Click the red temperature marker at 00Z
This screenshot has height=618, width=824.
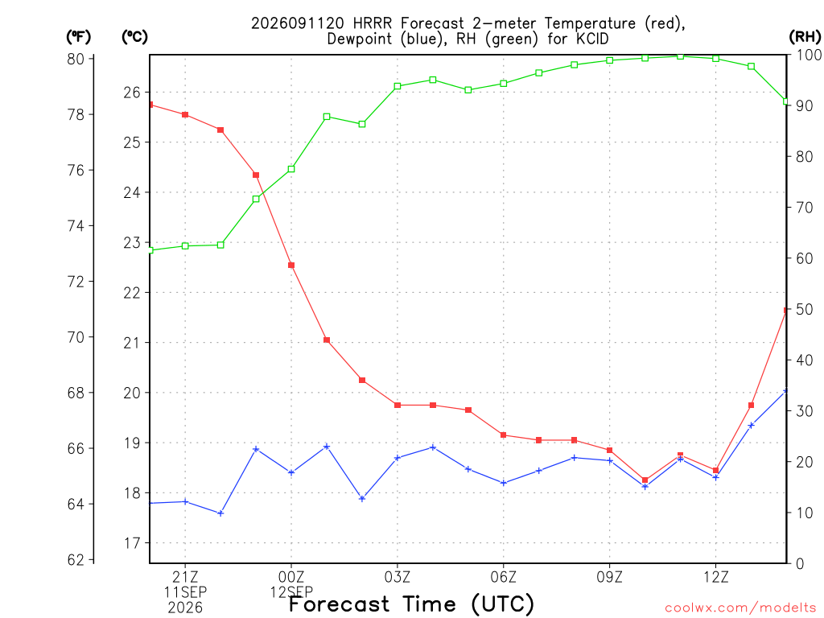291,266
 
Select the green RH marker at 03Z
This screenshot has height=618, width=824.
398,86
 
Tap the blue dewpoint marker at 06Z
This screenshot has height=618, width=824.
504,483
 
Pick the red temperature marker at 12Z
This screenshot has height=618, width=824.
715,470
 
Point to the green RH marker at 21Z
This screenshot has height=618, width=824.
185,246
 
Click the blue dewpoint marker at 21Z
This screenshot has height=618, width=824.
185,502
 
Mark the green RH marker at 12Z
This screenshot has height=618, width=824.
715,58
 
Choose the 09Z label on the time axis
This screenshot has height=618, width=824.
610,578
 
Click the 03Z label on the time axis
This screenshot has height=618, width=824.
398,578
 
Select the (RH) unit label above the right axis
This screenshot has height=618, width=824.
805,36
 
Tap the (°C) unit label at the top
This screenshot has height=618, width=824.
134,37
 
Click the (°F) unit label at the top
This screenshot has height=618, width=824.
78,37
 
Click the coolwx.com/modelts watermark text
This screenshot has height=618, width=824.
740,608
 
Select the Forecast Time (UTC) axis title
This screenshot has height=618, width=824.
411,604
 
